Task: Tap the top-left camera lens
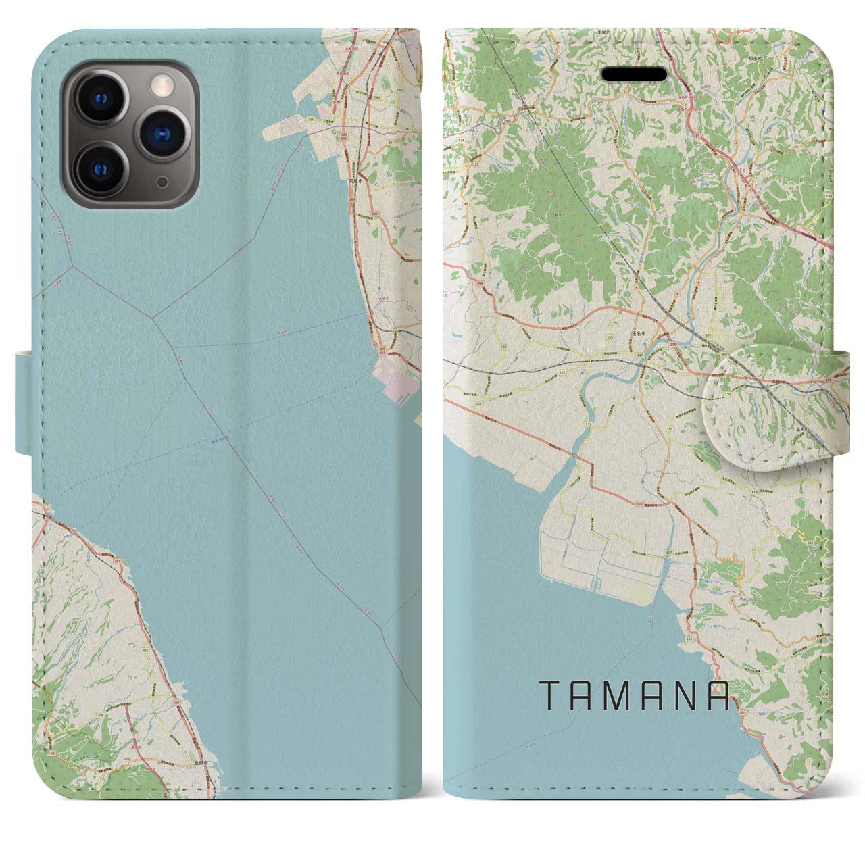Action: click(104, 98)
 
